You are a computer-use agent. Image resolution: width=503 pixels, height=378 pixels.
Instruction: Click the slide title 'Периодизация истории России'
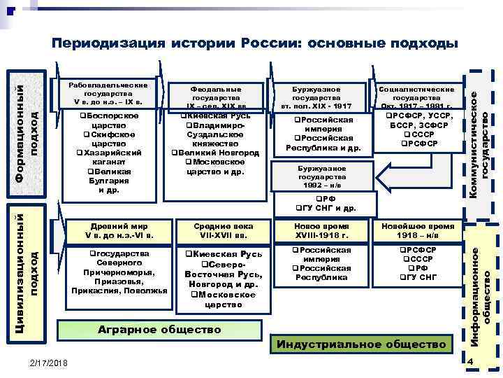point(255,43)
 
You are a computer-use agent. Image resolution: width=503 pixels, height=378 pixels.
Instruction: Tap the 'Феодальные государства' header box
point(215,97)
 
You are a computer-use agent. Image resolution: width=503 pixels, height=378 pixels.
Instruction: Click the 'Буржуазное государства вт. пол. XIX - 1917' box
point(319,97)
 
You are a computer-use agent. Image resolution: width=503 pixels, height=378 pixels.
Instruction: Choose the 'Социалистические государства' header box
point(416,97)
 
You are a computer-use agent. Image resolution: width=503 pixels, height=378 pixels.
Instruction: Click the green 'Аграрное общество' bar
point(159,329)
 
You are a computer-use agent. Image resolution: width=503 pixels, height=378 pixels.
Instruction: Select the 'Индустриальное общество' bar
point(361,344)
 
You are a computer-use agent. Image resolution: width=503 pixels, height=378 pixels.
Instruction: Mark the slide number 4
point(471,361)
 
